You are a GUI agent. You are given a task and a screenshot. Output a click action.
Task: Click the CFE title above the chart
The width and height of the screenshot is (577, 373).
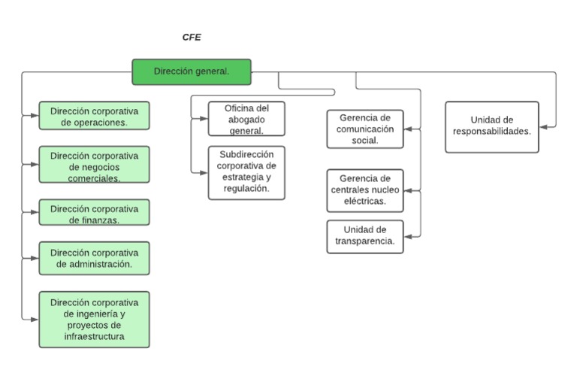(x=192, y=37)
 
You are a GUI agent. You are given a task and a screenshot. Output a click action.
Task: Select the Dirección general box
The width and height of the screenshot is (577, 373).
(x=192, y=71)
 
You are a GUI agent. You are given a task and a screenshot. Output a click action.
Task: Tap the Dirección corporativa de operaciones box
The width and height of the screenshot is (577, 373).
(x=94, y=116)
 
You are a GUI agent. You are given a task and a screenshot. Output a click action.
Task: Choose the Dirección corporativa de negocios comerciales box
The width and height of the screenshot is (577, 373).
(x=94, y=165)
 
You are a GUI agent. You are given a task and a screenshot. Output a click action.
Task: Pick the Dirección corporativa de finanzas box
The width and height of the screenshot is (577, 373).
(x=94, y=213)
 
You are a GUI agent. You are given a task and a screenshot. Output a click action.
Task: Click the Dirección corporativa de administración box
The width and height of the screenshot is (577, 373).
(x=94, y=258)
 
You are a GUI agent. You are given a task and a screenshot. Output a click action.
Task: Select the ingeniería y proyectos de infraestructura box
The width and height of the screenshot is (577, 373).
(x=94, y=320)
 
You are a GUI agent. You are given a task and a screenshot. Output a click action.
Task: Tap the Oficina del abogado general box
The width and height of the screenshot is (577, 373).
(x=246, y=119)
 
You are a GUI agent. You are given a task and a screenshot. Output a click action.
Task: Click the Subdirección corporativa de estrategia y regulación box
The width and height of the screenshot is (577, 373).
(x=246, y=172)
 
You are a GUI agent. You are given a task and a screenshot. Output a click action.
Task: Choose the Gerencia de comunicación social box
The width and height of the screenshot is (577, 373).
(x=365, y=129)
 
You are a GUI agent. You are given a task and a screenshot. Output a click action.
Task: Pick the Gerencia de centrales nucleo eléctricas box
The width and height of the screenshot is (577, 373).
(x=365, y=190)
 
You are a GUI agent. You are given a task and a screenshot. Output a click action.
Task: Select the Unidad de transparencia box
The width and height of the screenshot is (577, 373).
(x=365, y=236)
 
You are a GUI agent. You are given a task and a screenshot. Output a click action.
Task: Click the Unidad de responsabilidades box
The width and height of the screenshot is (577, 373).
(x=491, y=126)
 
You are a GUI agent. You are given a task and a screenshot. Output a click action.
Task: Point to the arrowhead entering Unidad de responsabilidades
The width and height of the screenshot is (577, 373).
(x=544, y=127)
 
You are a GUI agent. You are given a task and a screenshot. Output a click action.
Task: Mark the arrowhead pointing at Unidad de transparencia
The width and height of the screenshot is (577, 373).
(x=408, y=237)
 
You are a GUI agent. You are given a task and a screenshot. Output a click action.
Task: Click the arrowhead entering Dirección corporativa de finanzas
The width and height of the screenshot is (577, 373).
(x=35, y=213)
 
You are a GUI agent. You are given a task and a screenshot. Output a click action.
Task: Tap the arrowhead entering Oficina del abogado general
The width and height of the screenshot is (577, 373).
(x=204, y=119)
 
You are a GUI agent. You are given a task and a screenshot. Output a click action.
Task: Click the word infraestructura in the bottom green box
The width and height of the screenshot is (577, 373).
(x=94, y=337)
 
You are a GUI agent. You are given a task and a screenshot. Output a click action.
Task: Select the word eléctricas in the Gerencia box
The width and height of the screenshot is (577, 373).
(x=365, y=202)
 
